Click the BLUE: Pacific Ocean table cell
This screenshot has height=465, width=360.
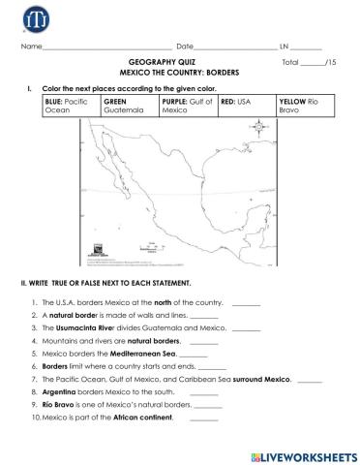71,105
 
